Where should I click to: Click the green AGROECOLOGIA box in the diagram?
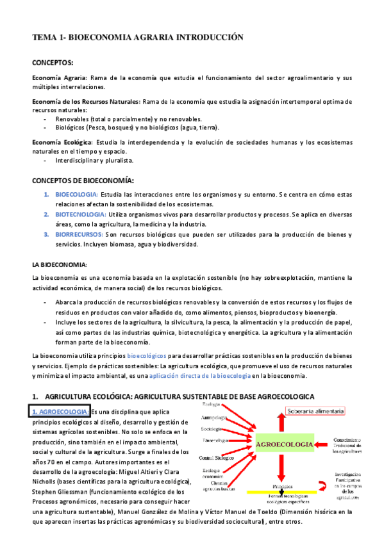tap(284, 444)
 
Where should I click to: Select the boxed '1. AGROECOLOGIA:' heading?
tap(62, 412)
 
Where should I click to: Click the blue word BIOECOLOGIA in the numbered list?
tap(76, 194)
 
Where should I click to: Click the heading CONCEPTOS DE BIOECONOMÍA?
tap(83, 181)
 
